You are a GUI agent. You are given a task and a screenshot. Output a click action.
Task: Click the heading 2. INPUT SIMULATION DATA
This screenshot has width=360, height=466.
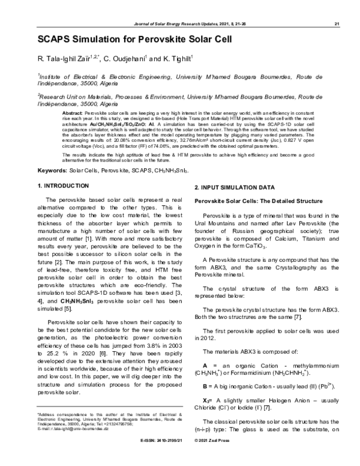[236, 189]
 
